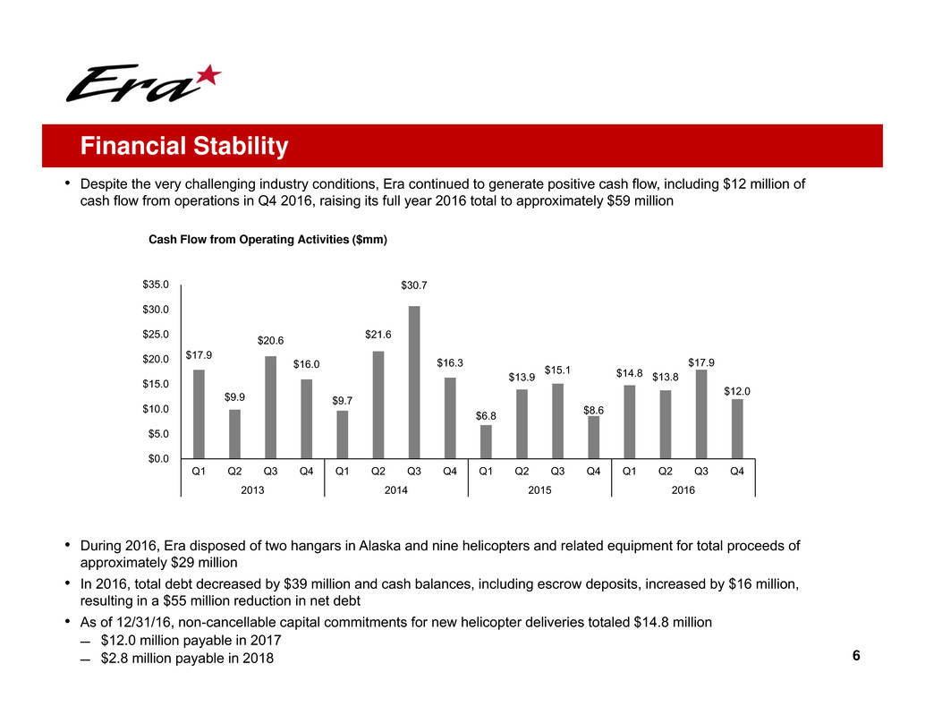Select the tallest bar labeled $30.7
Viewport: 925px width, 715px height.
[414, 382]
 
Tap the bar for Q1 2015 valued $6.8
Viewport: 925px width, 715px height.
[486, 441]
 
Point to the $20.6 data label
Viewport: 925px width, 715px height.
[271, 341]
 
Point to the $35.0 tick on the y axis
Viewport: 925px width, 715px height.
[157, 285]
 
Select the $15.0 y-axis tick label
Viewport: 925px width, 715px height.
[157, 385]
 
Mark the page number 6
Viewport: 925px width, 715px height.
[856, 656]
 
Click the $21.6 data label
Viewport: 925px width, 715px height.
[378, 335]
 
